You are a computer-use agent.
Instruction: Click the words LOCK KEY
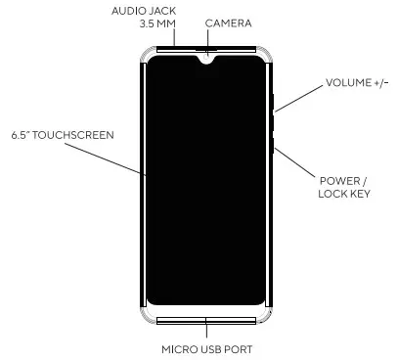pos(343,195)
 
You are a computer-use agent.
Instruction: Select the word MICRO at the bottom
pos(178,348)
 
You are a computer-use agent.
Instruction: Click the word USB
pos(211,348)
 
